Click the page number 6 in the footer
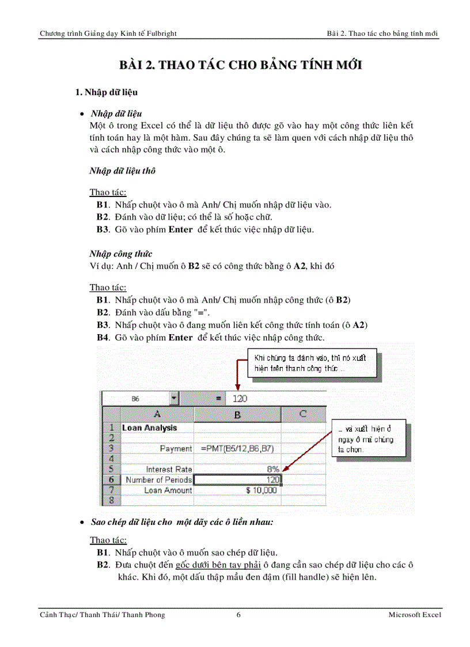[x=238, y=615]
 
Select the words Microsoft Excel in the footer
[x=415, y=615]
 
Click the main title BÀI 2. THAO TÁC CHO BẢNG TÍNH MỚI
[x=240, y=65]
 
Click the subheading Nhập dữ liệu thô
[x=122, y=171]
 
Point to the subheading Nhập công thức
[x=121, y=253]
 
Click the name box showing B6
[x=135, y=398]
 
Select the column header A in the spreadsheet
[x=157, y=414]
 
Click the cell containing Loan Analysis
[x=150, y=428]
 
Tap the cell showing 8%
[x=237, y=469]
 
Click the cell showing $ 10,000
[x=237, y=490]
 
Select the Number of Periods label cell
[x=157, y=479]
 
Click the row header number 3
[x=111, y=448]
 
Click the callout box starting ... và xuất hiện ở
[x=369, y=439]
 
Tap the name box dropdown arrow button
[x=175, y=398]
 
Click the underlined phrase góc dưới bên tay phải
[x=211, y=565]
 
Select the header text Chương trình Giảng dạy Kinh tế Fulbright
[x=108, y=33]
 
